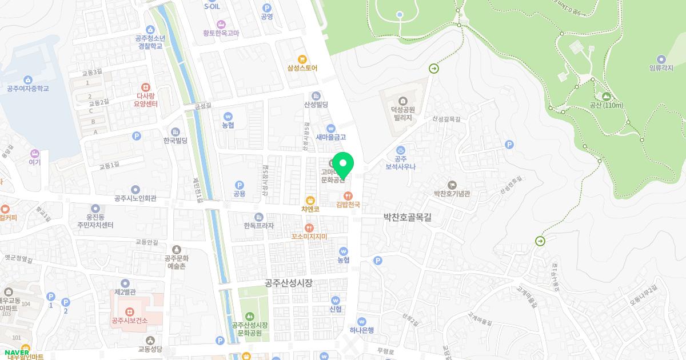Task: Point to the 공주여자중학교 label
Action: point(27,89)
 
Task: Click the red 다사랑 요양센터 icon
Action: point(146,87)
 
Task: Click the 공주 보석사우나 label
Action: point(400,163)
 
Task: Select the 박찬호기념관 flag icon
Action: point(452,184)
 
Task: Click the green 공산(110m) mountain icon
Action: point(606,97)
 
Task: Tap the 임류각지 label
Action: point(661,69)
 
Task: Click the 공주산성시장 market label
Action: point(289,282)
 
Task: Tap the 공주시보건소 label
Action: point(130,320)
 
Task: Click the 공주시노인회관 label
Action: point(135,199)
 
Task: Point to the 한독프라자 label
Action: point(258,226)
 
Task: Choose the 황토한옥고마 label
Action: point(221,33)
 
